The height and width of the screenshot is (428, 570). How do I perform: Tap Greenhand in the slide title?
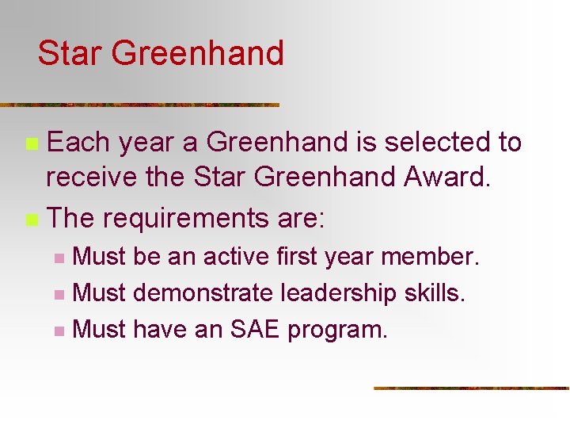click(x=197, y=54)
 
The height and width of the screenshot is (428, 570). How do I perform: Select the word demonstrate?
click(x=203, y=292)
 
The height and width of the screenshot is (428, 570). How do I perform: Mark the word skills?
click(x=438, y=292)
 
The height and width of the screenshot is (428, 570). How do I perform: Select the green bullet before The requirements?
click(x=31, y=217)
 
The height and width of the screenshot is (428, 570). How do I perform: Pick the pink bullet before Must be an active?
click(x=59, y=258)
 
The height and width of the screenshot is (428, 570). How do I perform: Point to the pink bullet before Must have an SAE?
click(x=59, y=330)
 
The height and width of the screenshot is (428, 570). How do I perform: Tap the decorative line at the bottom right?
click(x=471, y=388)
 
